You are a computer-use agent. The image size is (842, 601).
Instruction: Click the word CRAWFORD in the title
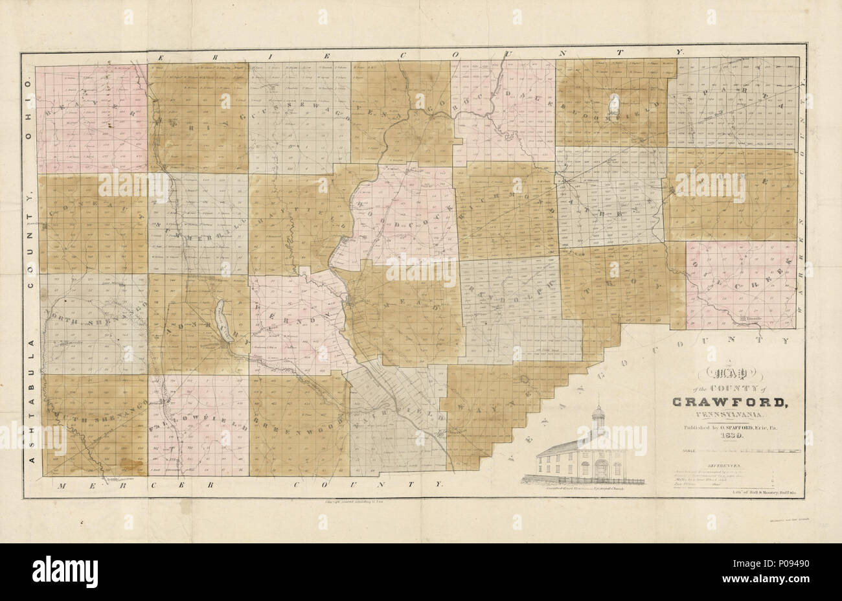pyautogui.click(x=728, y=402)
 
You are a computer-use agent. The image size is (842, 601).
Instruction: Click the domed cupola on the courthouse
pyautogui.click(x=598, y=415)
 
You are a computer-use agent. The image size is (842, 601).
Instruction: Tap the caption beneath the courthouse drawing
pyautogui.click(x=586, y=490)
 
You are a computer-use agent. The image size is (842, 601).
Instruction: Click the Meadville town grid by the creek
pyautogui.click(x=350, y=300)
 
